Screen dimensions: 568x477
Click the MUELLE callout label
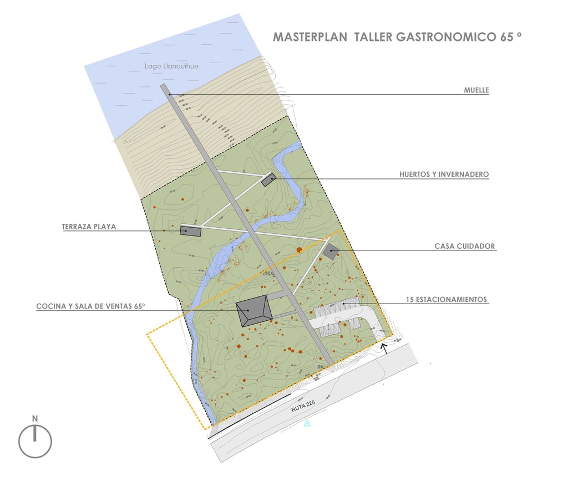(476, 90)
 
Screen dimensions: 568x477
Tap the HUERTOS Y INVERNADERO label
(444, 174)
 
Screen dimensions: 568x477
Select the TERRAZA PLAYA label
(89, 227)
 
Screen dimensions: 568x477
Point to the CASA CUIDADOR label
(464, 246)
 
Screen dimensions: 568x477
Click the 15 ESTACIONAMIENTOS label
(446, 300)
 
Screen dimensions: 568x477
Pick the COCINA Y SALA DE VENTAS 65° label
(90, 306)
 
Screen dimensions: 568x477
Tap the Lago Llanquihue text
(171, 66)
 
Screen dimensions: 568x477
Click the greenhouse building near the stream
(268, 179)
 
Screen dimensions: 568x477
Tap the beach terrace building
(190, 231)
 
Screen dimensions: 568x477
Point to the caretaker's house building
(331, 251)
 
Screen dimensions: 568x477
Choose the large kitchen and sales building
(253, 312)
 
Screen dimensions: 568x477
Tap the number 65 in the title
(505, 37)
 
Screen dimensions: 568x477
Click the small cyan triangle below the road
(307, 423)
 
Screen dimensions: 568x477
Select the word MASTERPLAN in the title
(310, 37)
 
